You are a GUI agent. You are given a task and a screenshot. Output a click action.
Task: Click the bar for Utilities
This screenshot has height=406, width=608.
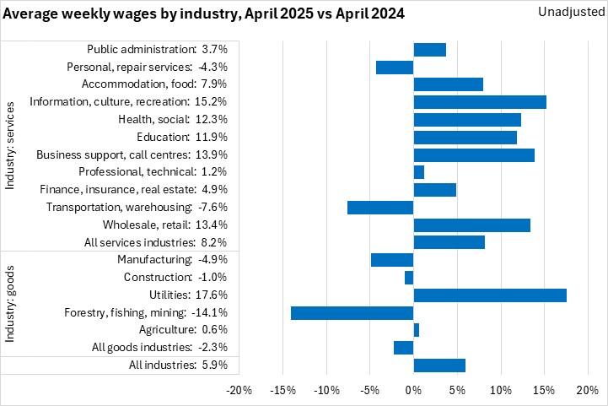[x=490, y=295]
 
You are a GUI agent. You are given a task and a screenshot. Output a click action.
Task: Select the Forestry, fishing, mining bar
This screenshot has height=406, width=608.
[x=352, y=312]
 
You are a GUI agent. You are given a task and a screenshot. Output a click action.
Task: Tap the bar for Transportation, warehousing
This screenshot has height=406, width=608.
[x=380, y=207]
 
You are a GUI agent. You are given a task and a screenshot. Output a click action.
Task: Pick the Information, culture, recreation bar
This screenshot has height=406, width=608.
[x=480, y=102]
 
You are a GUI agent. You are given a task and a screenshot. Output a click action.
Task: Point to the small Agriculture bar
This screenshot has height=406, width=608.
[x=417, y=329]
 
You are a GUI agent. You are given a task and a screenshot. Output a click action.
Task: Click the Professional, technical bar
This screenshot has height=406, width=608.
[x=419, y=172]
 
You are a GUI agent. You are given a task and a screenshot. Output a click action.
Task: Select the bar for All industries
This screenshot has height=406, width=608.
[x=439, y=365]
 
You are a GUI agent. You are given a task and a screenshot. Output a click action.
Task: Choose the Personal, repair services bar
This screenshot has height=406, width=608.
[x=395, y=68]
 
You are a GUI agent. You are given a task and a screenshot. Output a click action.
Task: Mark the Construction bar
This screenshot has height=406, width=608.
[x=409, y=277]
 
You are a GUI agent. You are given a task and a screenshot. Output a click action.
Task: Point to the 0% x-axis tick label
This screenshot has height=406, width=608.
[x=413, y=391]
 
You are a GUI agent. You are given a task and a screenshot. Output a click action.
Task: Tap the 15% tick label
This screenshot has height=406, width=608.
[x=543, y=391]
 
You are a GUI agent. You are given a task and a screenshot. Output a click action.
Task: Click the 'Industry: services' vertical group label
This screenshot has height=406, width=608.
[x=11, y=146]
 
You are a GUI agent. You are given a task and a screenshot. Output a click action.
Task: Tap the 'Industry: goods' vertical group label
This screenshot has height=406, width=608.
[x=11, y=304]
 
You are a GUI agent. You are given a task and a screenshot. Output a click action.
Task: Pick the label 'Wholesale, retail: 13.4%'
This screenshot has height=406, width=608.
[x=164, y=225]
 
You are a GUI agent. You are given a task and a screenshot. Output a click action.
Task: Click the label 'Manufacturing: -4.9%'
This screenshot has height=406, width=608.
[x=172, y=259]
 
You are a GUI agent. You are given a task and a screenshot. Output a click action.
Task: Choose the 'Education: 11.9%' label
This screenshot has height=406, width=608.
[x=181, y=137]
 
